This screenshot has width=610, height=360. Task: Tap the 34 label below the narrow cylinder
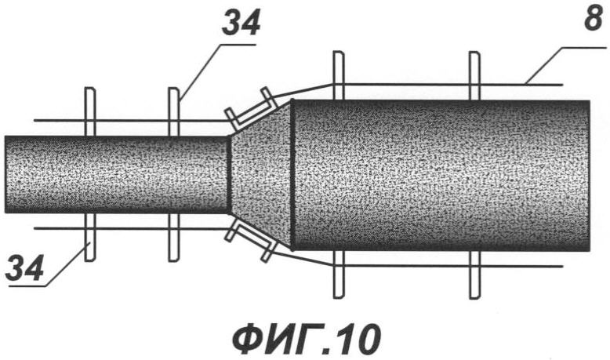pos(24,268)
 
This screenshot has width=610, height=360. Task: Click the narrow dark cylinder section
pos(117,174)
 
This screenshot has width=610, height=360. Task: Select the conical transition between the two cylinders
pos(260,174)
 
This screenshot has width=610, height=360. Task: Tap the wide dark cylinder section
pos(441,175)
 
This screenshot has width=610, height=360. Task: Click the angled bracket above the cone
pos(252,110)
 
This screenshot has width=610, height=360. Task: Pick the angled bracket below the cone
pos(252,241)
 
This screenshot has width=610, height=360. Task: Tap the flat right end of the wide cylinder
pos(590,175)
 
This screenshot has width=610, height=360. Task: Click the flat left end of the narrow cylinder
pos(5,174)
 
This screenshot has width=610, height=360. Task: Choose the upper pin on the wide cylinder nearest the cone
pos(339,75)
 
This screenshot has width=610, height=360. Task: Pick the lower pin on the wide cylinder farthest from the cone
pos(474,275)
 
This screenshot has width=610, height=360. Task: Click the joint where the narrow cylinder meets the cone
pos(229,174)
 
